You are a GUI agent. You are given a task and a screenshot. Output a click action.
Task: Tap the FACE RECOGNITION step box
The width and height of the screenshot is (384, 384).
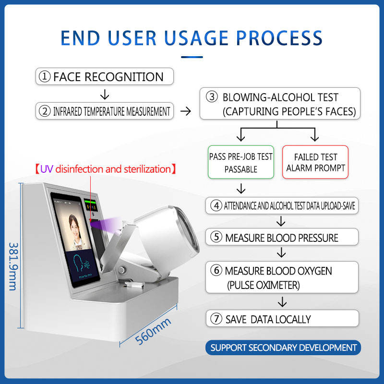coord(105,76)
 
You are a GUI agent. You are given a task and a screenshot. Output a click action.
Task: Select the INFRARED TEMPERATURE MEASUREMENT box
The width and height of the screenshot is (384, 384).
coord(104,111)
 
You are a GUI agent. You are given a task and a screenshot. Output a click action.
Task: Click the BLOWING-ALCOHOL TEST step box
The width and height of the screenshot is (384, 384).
coord(279,104)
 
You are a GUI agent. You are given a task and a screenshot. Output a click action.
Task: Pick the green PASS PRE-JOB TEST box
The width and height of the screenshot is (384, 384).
coord(240,163)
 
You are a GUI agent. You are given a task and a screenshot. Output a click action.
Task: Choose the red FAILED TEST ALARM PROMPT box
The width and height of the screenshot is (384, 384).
coord(315,163)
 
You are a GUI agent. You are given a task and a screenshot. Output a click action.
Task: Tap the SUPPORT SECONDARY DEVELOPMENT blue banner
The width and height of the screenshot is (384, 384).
coord(283,348)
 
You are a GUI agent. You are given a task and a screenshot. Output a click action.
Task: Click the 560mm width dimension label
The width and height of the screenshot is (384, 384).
coord(153,331)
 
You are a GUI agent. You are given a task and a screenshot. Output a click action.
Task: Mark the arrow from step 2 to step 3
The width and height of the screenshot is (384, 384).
coord(186,111)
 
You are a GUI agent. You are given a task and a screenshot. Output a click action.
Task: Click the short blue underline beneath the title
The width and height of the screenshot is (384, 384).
coord(192,57)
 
